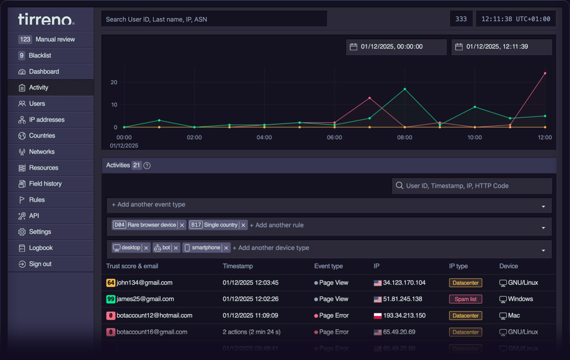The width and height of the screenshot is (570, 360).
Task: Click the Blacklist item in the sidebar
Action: tap(40, 55)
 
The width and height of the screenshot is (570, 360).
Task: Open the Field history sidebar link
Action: tap(45, 184)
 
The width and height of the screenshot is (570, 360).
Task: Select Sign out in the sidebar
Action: tap(40, 264)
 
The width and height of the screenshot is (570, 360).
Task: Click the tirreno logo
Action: tap(46, 19)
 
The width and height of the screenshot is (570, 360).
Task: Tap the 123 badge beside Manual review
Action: tap(25, 39)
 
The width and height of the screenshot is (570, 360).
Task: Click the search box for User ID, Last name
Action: tap(214, 19)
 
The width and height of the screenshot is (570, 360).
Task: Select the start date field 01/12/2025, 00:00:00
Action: tap(396, 47)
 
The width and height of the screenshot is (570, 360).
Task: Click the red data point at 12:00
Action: tap(545, 73)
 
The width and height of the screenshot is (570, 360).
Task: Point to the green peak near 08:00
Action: tap(405, 89)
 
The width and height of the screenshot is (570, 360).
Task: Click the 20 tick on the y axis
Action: tap(114, 82)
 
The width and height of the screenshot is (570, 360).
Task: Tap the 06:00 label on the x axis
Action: tap(334, 137)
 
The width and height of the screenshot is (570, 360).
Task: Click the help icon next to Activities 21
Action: tap(147, 166)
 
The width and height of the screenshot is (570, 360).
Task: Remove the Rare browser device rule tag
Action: tap(182, 225)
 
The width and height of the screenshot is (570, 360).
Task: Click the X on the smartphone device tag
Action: tap(226, 248)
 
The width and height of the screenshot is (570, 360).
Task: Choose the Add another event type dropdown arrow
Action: tap(543, 206)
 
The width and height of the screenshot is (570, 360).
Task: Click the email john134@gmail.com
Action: tap(144, 283)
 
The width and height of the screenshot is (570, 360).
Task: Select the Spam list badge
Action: tap(465, 299)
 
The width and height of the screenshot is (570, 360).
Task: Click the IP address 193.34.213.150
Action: tap(404, 315)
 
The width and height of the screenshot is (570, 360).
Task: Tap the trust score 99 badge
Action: tap(111, 299)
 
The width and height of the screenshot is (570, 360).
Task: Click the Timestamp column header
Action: tap(238, 266)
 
